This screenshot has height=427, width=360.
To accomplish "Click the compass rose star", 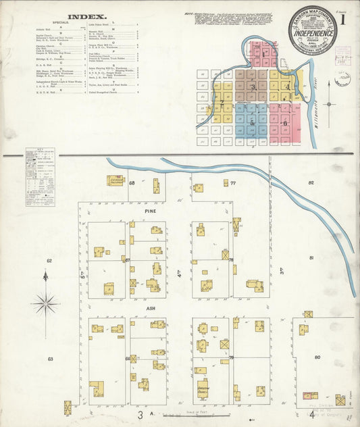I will pos(45,303).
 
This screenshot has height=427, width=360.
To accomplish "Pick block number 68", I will pos(132,183).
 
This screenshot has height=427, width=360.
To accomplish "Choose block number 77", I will pos(232,183).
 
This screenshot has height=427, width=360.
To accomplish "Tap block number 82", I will pos(311,183).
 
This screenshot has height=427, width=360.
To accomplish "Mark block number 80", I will pos(317,356).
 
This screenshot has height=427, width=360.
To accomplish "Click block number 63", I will pos(49,359).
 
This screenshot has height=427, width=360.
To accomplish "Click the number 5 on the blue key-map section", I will pos(252,124).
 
